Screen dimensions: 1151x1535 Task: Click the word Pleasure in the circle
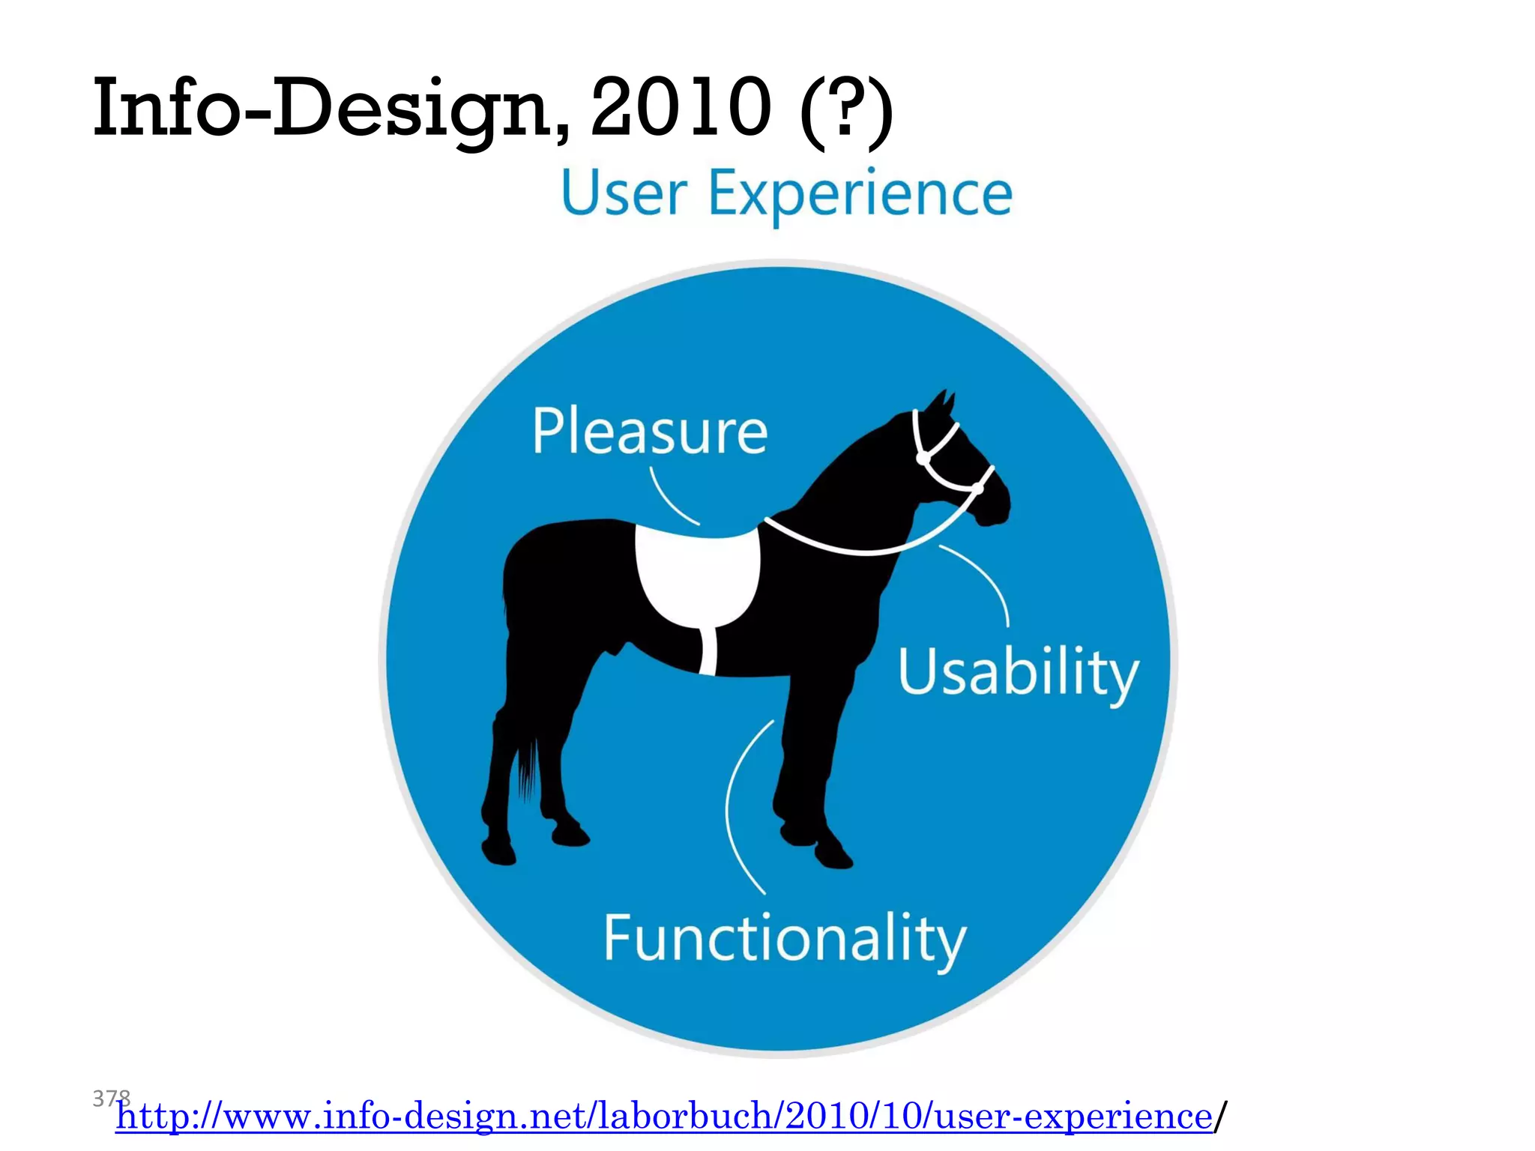coord(650,432)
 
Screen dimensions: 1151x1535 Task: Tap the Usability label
coord(1018,672)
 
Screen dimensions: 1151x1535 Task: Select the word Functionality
coord(785,939)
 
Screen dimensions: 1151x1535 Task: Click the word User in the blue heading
coord(624,193)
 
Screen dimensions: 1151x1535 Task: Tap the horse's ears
coord(941,408)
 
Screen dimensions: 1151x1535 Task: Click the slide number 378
coord(111,1099)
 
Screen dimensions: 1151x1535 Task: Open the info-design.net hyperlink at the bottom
coord(663,1117)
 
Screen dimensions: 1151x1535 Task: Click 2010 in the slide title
coord(681,109)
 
